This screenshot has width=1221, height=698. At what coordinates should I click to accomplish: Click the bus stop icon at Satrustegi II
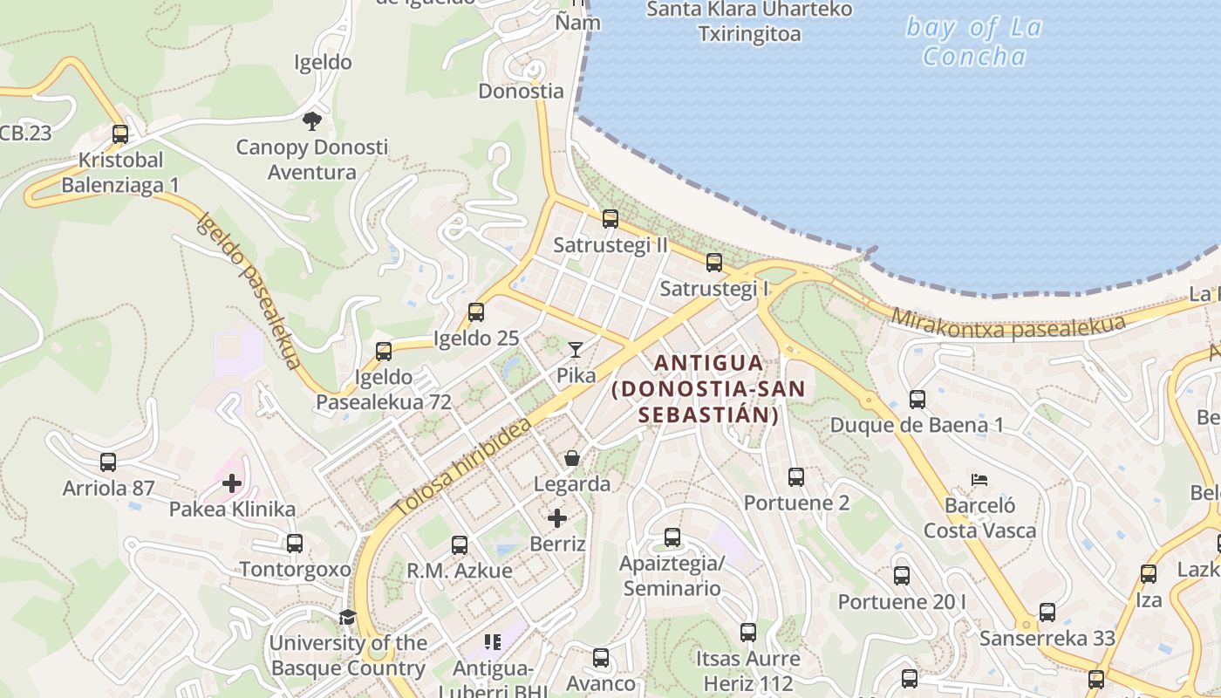(610, 219)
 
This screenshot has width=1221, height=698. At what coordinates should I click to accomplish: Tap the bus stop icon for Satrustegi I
(714, 263)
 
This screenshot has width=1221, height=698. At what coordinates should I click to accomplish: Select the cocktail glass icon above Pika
(575, 350)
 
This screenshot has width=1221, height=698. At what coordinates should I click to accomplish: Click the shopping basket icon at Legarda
(572, 458)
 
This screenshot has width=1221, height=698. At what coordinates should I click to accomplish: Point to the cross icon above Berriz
(557, 519)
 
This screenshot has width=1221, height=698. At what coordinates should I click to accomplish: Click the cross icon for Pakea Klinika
(232, 483)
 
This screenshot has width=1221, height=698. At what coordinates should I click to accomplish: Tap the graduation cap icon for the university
(347, 618)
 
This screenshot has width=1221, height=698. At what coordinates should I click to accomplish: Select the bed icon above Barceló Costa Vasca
(979, 480)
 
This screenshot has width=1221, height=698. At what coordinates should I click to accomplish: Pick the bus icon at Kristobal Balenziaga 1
(120, 134)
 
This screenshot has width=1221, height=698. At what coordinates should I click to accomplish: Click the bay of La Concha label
(974, 42)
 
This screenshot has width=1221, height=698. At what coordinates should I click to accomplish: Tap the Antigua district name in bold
(707, 388)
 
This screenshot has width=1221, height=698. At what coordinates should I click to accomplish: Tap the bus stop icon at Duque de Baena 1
(917, 400)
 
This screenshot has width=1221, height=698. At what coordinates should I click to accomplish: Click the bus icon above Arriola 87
(108, 462)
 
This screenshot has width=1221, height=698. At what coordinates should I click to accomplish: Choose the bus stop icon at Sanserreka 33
(1047, 612)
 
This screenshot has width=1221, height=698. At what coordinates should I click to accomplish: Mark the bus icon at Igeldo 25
(476, 312)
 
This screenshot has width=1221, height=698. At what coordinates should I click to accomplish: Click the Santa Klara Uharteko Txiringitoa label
(749, 22)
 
